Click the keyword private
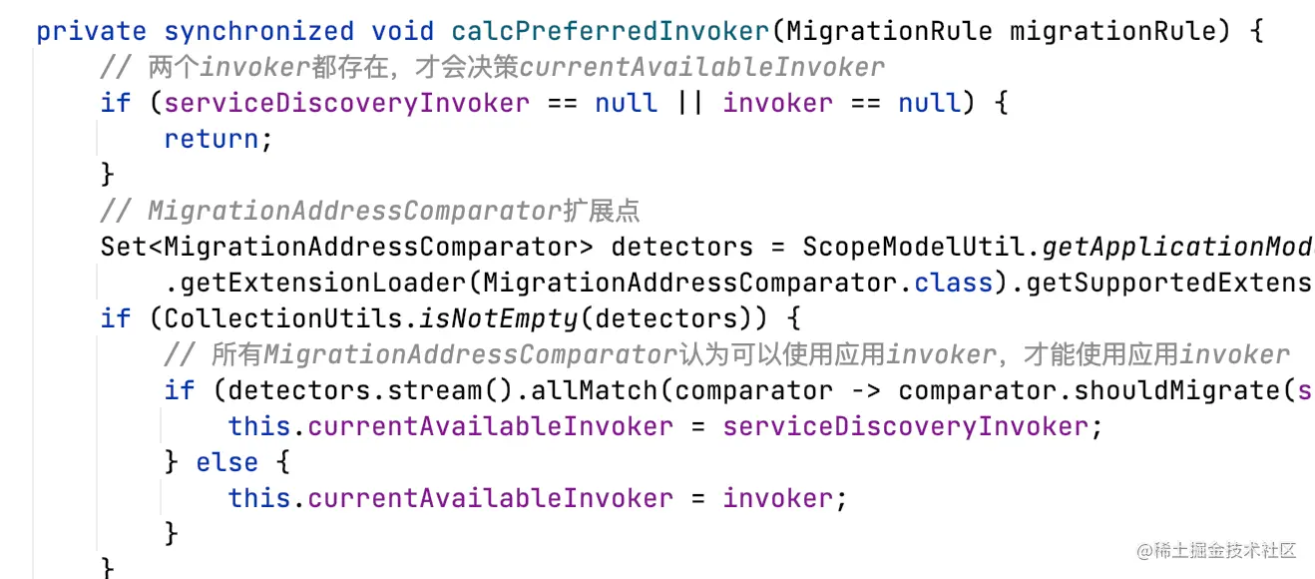click(91, 31)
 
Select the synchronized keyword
click(258, 31)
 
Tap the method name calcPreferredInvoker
click(611, 31)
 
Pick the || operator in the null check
click(690, 103)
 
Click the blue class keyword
click(954, 283)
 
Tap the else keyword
click(227, 462)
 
